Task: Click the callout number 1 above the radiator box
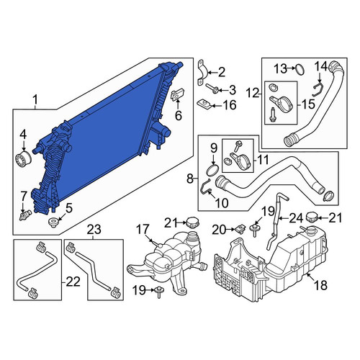pyautogui.click(x=35, y=100)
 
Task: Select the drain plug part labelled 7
pyautogui.click(x=25, y=215)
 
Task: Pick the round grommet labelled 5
pyautogui.click(x=53, y=222)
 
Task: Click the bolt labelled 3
pyautogui.click(x=212, y=89)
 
